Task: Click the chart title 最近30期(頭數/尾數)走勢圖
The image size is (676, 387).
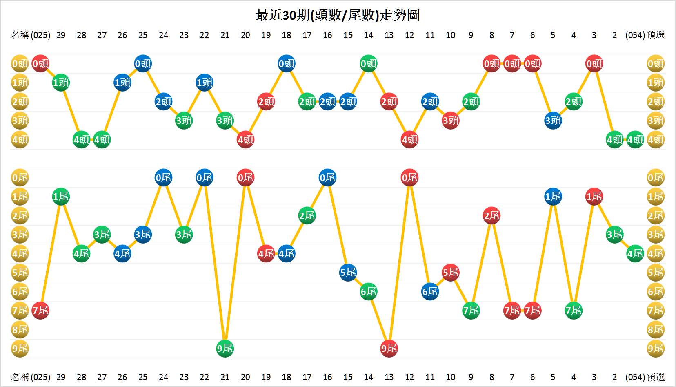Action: click(x=338, y=15)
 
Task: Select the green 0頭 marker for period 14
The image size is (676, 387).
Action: click(x=369, y=64)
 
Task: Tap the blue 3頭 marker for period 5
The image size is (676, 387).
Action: click(x=553, y=121)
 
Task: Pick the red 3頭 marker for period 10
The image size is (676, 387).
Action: click(x=451, y=121)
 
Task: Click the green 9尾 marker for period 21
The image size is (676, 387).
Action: click(x=225, y=349)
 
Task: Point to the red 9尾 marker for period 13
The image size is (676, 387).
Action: click(x=389, y=349)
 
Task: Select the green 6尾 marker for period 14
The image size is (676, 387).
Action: click(x=369, y=292)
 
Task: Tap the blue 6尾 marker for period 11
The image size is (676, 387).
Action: click(x=430, y=292)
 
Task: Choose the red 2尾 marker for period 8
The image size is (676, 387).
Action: click(x=491, y=216)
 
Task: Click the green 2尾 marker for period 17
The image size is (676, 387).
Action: click(x=307, y=216)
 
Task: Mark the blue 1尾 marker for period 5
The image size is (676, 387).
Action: click(x=553, y=197)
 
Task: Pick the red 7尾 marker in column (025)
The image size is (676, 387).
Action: click(x=40, y=311)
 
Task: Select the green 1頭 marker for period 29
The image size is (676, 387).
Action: click(x=61, y=83)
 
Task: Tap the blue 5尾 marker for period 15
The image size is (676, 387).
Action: click(x=348, y=273)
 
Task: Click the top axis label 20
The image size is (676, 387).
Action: click(x=245, y=35)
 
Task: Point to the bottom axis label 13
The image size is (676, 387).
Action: click(x=389, y=377)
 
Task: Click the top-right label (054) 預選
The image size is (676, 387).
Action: click(x=645, y=35)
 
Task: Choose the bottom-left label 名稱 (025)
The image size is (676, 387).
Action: click(x=31, y=377)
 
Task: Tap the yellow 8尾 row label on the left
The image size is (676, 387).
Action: click(x=20, y=329)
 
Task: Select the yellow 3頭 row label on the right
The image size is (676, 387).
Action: click(x=656, y=121)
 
